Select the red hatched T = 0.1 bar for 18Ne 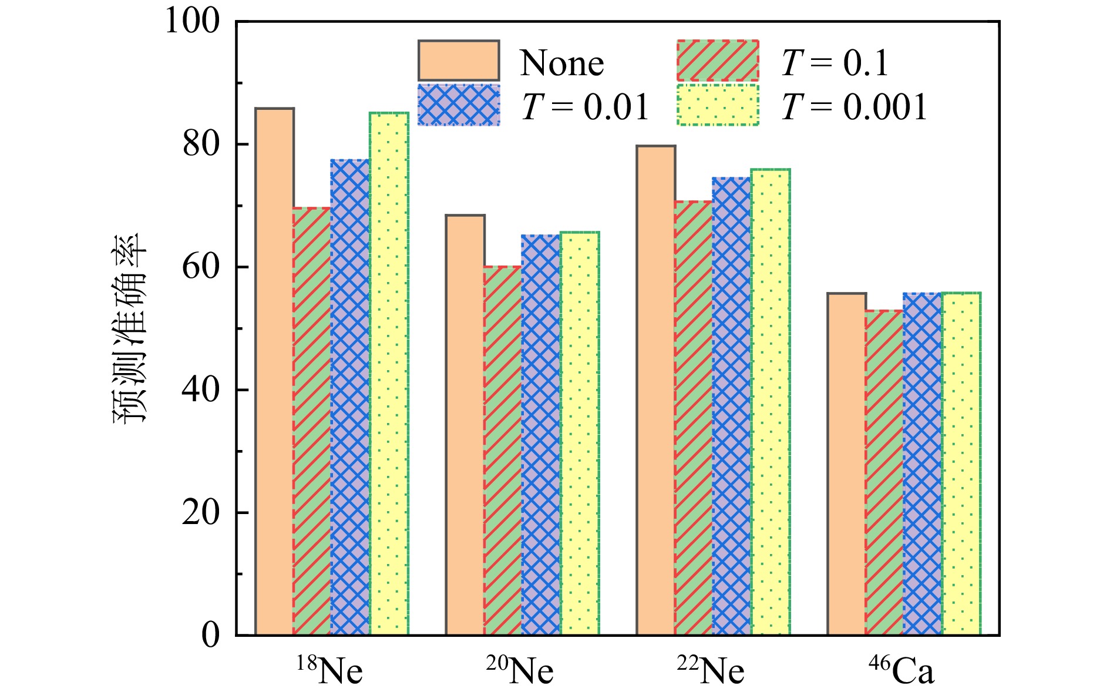312,421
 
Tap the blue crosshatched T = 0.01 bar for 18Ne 350,397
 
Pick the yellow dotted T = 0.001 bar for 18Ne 389,374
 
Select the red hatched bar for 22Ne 694,418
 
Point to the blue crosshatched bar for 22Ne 732,406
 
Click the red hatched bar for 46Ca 884,472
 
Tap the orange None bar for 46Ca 846,464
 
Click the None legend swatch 459,61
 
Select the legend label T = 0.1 835,63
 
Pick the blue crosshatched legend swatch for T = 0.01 459,105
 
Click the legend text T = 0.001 855,108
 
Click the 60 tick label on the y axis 200,267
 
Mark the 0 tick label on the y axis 210,635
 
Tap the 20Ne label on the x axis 520,670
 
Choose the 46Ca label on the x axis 901,670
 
